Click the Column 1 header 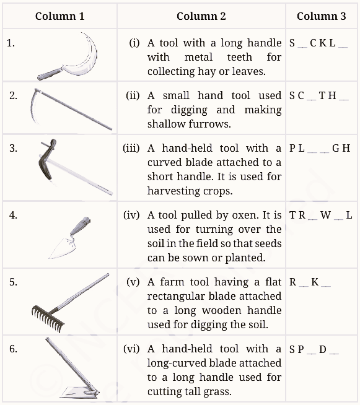tap(59, 16)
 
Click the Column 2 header tap(201, 16)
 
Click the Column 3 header tap(321, 16)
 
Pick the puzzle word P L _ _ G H tap(319, 148)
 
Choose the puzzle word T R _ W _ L tap(320, 216)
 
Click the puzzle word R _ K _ tap(310, 282)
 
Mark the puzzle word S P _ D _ tap(314, 349)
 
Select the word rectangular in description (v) tap(177, 296)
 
